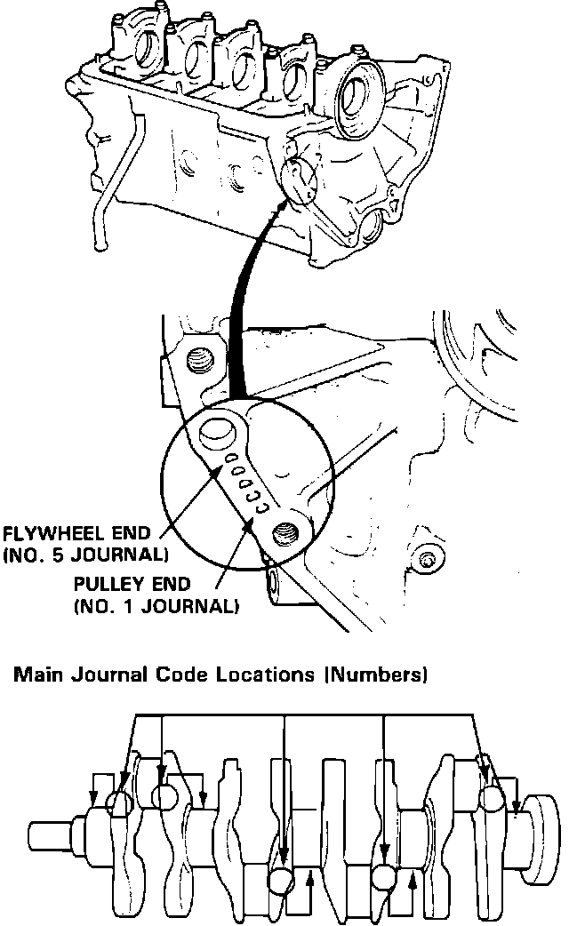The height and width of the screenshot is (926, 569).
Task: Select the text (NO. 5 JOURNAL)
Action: [85, 556]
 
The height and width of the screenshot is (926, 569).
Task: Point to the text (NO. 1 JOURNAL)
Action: [156, 609]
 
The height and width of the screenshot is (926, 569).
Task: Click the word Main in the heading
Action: [34, 675]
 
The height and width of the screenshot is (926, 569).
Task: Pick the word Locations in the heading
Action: [267, 675]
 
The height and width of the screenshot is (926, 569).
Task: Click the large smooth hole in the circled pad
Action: [216, 433]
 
